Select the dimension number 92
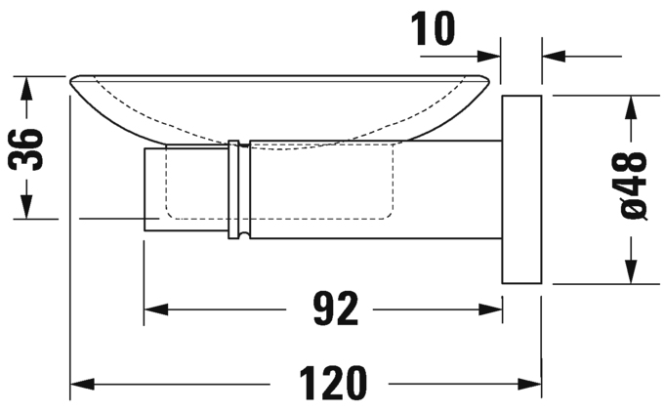pyautogui.click(x=323, y=310)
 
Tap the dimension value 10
pyautogui.click(x=433, y=28)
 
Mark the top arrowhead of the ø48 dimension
pyautogui.click(x=633, y=106)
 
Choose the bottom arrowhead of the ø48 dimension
pyautogui.click(x=633, y=271)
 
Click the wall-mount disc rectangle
pyautogui.click(x=521, y=189)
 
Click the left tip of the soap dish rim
pyautogui.click(x=70, y=81)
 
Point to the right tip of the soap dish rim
pyautogui.click(x=493, y=81)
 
